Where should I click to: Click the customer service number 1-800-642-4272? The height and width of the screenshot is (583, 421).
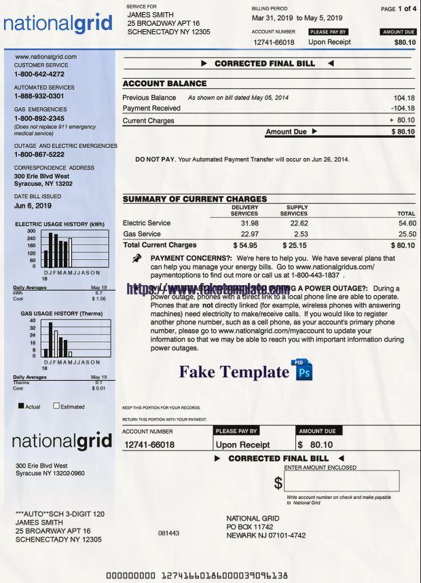click(x=39, y=74)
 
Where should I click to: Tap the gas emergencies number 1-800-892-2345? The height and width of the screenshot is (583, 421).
click(x=39, y=118)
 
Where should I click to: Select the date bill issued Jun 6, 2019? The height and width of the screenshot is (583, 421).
click(x=33, y=206)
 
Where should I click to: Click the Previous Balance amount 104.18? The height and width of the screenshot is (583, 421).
click(x=403, y=98)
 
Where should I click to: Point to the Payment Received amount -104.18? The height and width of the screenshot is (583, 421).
click(x=402, y=109)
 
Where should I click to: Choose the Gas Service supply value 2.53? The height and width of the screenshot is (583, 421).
click(x=299, y=234)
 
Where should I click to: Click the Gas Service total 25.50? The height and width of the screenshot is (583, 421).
click(x=407, y=234)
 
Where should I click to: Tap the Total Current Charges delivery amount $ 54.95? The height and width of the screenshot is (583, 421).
click(x=245, y=246)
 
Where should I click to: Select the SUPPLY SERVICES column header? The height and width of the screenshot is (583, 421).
click(x=294, y=210)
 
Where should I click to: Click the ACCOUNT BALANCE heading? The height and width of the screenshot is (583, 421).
click(x=164, y=83)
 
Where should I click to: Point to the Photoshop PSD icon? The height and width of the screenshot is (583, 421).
click(x=303, y=371)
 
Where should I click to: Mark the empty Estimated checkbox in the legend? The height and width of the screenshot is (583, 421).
click(x=56, y=406)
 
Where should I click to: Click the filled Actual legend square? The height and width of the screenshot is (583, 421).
click(x=21, y=406)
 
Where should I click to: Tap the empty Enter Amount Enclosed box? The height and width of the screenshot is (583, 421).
click(x=342, y=481)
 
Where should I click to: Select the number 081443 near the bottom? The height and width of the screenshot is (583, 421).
click(x=168, y=533)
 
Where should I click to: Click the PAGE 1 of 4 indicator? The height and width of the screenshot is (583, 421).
click(x=399, y=9)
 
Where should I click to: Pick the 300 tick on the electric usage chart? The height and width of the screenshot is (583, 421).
click(x=31, y=231)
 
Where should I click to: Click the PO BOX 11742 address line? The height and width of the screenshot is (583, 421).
click(x=249, y=527)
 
